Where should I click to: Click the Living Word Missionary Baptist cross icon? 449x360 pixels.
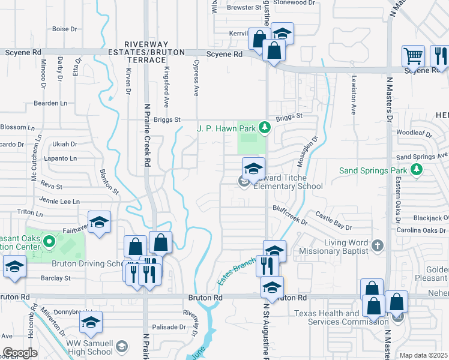pos(378,245)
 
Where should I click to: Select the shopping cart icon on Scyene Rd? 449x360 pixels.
pos(413,57)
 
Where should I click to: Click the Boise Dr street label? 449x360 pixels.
pos(65,29)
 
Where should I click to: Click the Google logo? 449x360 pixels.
pos(20,353)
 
